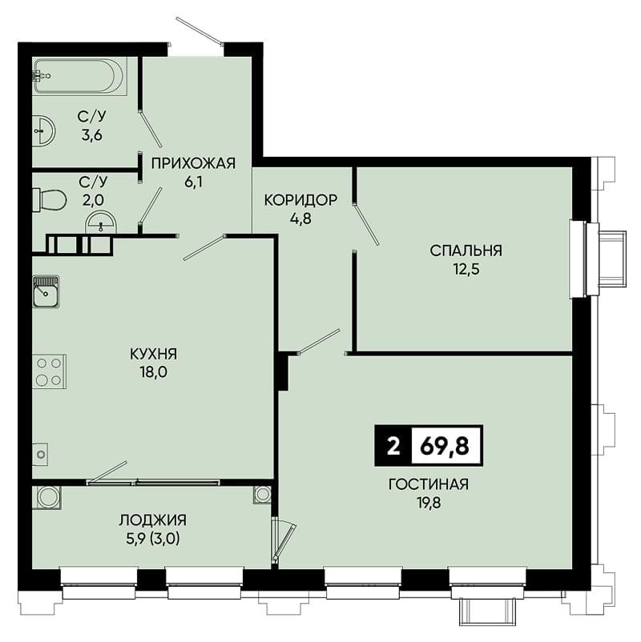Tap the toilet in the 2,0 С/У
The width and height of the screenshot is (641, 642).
[50, 200]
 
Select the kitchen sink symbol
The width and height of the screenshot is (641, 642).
[46, 291]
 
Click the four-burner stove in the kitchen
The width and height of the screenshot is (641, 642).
[49, 371]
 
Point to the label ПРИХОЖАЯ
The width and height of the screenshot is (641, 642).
[193, 163]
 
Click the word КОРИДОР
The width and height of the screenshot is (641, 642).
[300, 200]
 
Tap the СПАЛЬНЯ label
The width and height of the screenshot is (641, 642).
[466, 251]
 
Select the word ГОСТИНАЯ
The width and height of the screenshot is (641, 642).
[429, 484]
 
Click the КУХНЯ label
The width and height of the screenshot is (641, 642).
[153, 354]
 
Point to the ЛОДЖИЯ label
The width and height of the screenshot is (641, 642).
[153, 520]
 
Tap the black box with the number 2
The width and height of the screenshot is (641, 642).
[393, 446]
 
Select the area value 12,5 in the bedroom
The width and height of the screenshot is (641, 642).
[466, 270]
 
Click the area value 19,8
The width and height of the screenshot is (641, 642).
[429, 503]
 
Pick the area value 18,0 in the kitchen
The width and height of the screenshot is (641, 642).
[153, 372]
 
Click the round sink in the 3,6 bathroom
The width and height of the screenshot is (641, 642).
[43, 131]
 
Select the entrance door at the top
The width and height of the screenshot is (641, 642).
[200, 30]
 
